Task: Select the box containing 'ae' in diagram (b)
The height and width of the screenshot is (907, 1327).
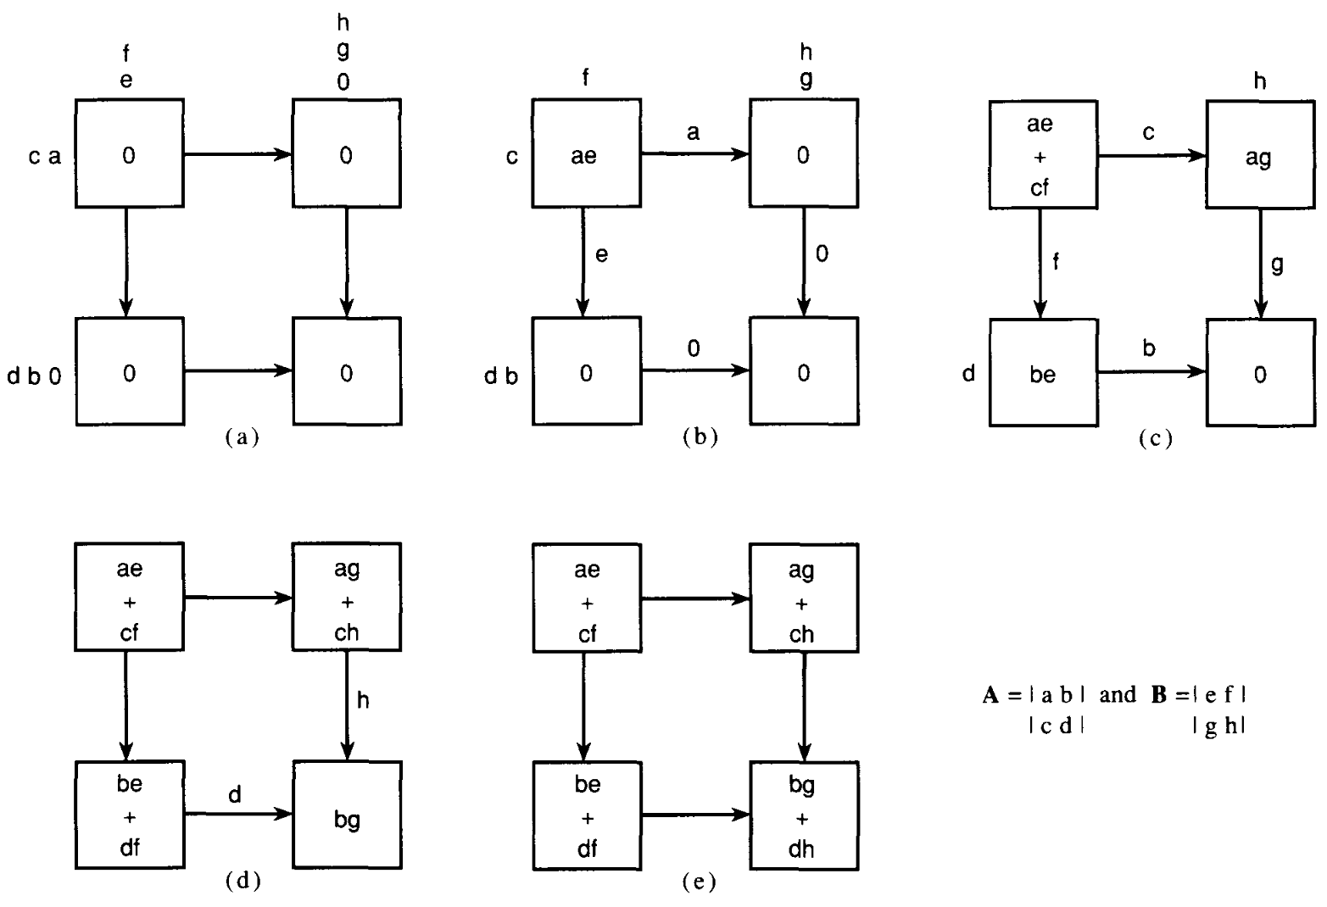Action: pyautogui.click(x=585, y=153)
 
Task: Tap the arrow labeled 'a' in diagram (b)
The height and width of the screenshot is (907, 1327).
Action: pyautogui.click(x=694, y=154)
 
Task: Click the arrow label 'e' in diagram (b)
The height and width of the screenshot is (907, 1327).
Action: pyautogui.click(x=601, y=254)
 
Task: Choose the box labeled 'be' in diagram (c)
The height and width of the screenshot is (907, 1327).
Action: pyautogui.click(x=1042, y=372)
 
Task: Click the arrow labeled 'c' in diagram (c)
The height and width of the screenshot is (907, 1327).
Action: pyautogui.click(x=1151, y=155)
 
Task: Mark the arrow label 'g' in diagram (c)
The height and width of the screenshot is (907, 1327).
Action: pyautogui.click(x=1277, y=264)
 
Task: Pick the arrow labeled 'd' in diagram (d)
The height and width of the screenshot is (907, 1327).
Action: pyautogui.click(x=238, y=815)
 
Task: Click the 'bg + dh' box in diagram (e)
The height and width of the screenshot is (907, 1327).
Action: pyautogui.click(x=803, y=815)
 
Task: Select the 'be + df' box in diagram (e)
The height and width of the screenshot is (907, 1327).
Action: pyautogui.click(x=586, y=815)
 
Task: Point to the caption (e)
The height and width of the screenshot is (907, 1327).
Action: pyautogui.click(x=699, y=882)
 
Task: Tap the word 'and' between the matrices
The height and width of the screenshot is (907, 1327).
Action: pyautogui.click(x=1118, y=695)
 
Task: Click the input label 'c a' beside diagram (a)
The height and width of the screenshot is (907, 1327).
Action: pyautogui.click(x=44, y=156)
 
